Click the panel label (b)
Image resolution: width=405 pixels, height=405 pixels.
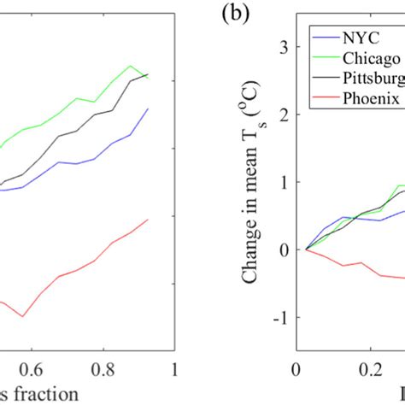(233, 15)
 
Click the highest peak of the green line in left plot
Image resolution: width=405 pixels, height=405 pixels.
(130, 65)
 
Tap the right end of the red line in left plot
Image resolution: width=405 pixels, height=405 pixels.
(149, 219)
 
